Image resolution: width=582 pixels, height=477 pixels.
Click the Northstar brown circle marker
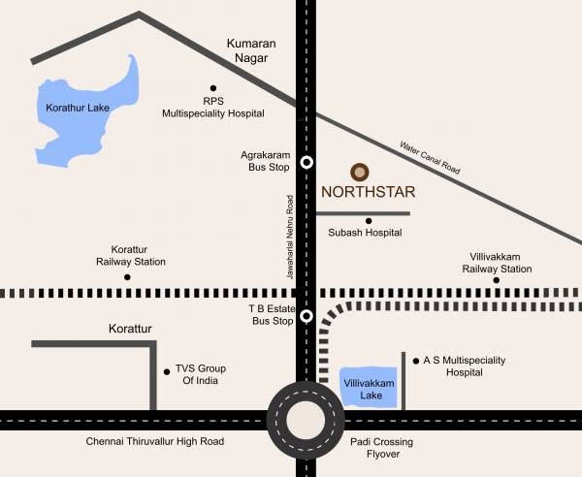click(360, 172)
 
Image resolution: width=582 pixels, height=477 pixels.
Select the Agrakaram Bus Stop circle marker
click(307, 162)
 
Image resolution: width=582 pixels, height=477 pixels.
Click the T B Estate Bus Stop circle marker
click(307, 315)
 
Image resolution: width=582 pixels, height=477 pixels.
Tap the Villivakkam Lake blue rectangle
click(369, 388)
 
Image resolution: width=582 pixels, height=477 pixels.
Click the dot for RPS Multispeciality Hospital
click(213, 88)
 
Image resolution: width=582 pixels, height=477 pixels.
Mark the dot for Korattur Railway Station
click(127, 277)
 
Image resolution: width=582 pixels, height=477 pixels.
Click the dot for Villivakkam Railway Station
click(496, 281)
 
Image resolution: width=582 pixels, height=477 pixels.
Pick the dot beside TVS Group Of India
click(164, 369)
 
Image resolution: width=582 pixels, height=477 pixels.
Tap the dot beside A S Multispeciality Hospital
click(415, 360)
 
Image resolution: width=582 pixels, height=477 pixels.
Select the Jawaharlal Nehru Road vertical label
click(289, 238)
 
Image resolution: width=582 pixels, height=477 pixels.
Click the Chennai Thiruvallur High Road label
click(154, 442)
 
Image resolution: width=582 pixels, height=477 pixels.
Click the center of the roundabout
click(307, 419)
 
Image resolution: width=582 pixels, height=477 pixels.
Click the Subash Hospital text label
click(365, 233)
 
